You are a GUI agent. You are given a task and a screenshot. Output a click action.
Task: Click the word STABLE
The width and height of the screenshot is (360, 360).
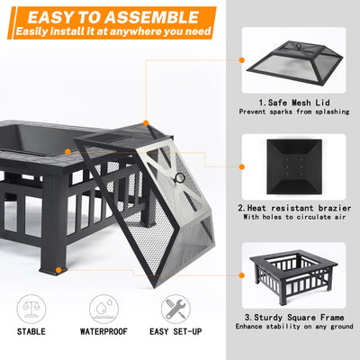click(31, 332)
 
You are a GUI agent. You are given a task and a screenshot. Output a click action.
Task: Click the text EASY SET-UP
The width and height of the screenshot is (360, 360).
click(175, 332)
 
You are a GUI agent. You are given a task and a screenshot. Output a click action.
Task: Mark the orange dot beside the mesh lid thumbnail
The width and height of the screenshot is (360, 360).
click(242, 61)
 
